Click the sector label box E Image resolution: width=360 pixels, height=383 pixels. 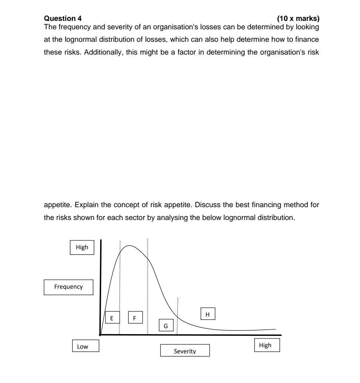pos(112,318)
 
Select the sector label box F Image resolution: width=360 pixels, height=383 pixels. pos(135,318)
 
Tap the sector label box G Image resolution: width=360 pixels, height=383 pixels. pos(166,325)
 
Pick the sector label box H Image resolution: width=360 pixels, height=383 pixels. pos(208,314)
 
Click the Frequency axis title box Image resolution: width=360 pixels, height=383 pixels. pos(68,287)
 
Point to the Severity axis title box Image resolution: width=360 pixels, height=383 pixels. pos(185,351)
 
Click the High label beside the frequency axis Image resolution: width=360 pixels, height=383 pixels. pos(82,247)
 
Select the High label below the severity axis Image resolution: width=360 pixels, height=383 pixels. pos(265,345)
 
